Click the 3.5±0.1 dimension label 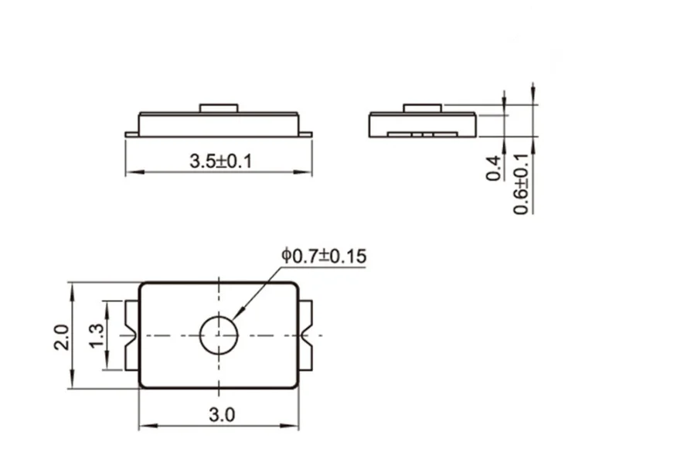tap(222, 162)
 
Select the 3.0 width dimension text tap(221, 415)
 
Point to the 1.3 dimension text tap(97, 335)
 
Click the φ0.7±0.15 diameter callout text tap(324, 256)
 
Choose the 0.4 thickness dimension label tap(495, 168)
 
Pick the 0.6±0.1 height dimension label tap(522, 183)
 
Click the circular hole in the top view tap(219, 335)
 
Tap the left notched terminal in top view tap(131, 335)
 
